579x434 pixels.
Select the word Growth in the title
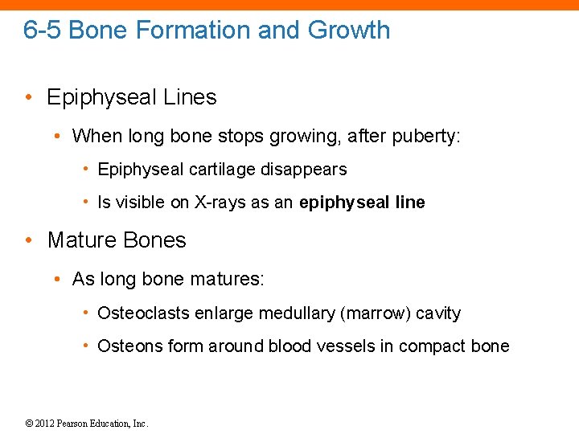pyautogui.click(x=348, y=31)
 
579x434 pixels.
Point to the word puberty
pyautogui.click(x=423, y=137)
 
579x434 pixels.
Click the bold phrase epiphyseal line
pyautogui.click(x=362, y=203)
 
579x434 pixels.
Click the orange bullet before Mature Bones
pyautogui.click(x=29, y=240)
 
